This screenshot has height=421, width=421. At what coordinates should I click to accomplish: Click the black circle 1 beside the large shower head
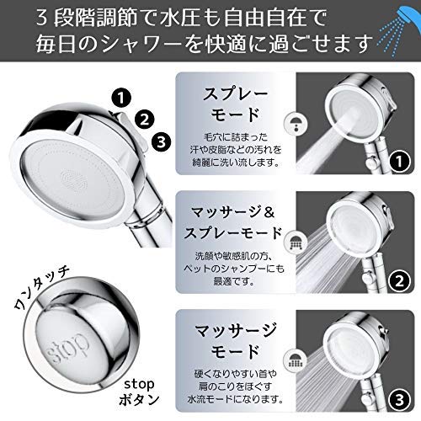[121, 98]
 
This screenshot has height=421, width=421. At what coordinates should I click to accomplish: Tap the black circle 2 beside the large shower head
[145, 120]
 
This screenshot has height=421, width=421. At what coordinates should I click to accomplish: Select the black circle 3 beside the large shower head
[162, 141]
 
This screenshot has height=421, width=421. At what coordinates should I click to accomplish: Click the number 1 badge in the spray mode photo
[399, 161]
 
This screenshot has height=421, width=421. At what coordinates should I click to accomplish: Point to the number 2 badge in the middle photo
[399, 280]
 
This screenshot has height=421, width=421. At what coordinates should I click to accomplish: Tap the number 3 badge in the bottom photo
[399, 400]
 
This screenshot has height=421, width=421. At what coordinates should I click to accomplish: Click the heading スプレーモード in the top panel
[235, 104]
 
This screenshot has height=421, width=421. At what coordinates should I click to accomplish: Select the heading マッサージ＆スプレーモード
[233, 222]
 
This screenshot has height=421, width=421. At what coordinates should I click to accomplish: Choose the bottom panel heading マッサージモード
[235, 341]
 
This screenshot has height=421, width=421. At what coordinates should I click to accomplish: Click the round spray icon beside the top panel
[296, 124]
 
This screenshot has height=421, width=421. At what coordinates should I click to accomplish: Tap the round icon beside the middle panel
[296, 242]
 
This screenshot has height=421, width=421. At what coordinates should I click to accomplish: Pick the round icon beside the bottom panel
[296, 361]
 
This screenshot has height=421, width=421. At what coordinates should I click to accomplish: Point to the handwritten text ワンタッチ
[41, 288]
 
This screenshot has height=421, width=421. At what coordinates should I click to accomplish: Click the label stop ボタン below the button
[139, 392]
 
